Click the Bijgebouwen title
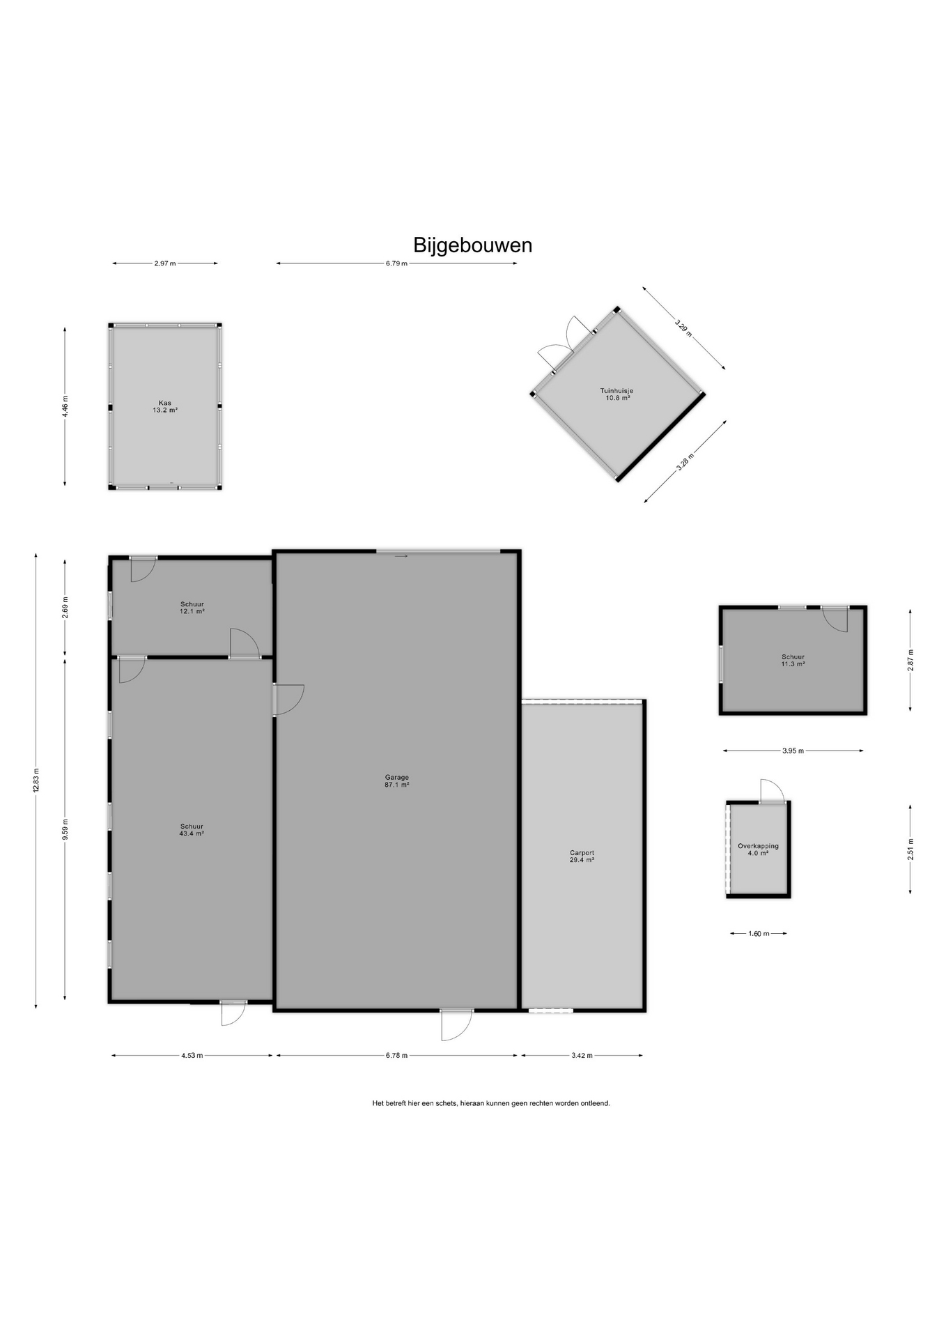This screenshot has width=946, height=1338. point(473,245)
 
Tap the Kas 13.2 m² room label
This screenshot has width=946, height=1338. point(165,407)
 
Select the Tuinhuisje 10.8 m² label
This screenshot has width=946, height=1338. point(617,394)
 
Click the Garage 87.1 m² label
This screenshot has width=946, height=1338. point(397,780)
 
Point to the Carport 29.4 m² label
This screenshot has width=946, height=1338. point(582,856)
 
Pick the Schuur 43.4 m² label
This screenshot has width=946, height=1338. point(192,830)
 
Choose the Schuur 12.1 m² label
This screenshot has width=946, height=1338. point(192,608)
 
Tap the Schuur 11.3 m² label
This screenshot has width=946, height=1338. point(793,661)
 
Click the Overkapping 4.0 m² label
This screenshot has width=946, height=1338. point(759,849)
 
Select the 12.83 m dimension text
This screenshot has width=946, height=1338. point(36,779)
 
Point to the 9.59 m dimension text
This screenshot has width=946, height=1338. point(65,829)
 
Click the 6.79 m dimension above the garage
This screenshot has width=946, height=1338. point(396,263)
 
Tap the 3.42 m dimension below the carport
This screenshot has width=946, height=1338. point(582,1055)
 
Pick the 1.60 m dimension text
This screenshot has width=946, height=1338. point(759,934)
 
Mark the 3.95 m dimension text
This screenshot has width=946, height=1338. point(793,751)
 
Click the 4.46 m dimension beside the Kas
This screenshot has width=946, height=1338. point(65,406)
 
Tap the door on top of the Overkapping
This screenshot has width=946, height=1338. point(772,791)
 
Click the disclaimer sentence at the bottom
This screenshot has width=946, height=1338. point(491,1103)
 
